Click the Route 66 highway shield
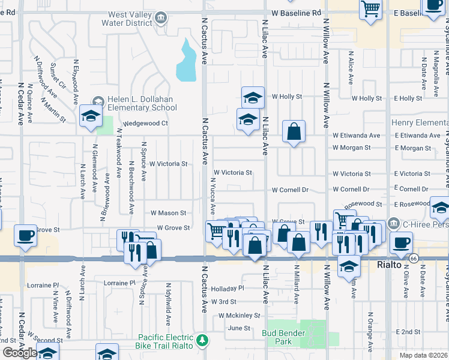pyautogui.click(x=414, y=258)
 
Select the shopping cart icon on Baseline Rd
pyautogui.click(x=371, y=9)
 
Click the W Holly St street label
pyautogui.click(x=286, y=96)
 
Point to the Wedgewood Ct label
pyautogui.click(x=145, y=123)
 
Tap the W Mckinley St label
pyautogui.click(x=239, y=315)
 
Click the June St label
pyautogui.click(x=239, y=328)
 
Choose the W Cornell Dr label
pyautogui.click(x=289, y=190)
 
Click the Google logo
pyautogui.click(x=19, y=353)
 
